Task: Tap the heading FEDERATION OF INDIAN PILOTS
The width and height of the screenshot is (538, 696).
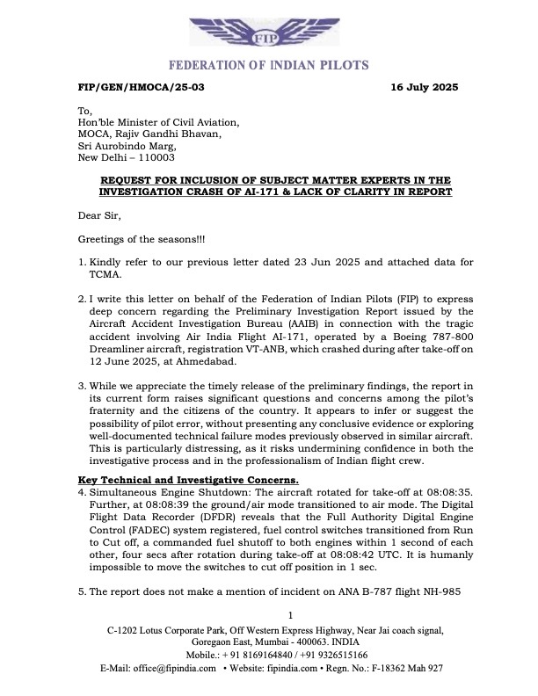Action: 268,66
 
